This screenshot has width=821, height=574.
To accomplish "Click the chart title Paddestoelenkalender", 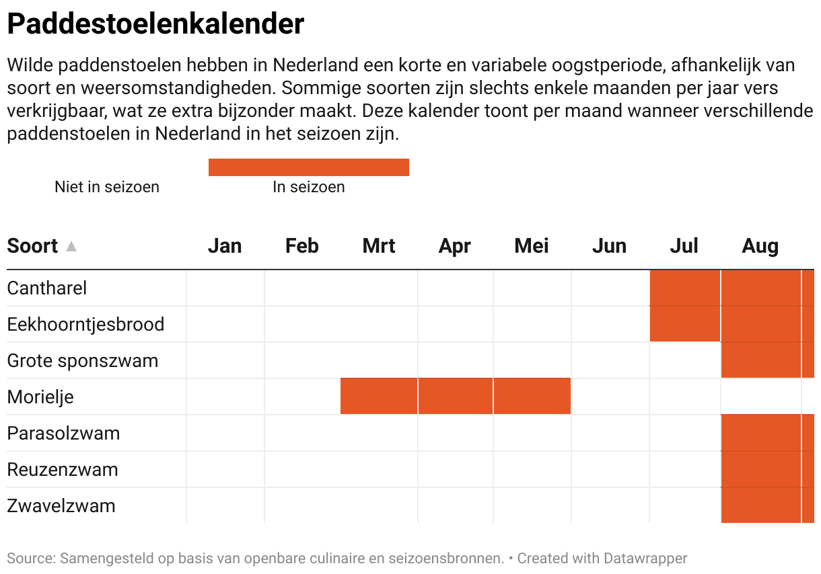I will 155,24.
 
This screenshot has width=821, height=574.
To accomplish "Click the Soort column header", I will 32,246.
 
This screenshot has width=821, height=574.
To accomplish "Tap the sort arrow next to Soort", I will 71,247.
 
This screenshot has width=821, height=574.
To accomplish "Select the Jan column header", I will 224,246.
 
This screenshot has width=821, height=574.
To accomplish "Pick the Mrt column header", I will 379,246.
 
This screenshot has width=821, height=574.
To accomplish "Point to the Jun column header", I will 609,246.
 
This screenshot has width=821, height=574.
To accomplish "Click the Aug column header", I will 760,246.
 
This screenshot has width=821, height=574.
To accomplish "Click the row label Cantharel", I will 47,288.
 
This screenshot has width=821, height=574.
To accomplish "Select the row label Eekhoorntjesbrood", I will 85,325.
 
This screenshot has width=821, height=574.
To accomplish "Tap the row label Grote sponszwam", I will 83,361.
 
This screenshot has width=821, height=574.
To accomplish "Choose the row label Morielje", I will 40,397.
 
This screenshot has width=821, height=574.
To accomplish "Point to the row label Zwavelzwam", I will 61,506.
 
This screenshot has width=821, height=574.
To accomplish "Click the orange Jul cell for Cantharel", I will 684,288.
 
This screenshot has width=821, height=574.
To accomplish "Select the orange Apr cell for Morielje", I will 455,397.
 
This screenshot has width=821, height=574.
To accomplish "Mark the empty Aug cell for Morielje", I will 760,397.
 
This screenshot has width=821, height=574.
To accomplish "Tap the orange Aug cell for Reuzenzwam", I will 760,469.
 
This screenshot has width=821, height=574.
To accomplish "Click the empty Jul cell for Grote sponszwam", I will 684,360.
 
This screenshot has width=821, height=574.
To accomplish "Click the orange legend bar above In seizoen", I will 308,167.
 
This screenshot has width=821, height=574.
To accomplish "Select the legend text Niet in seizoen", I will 107,187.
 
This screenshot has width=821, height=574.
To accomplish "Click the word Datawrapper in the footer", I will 645,558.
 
